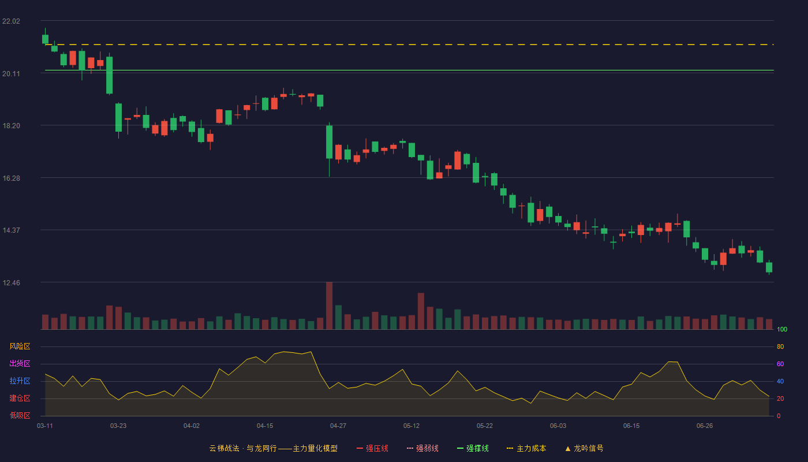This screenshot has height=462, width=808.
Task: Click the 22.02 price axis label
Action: click(11, 21)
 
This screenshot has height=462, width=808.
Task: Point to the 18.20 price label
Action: click(11, 126)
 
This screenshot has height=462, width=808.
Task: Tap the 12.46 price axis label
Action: click(11, 282)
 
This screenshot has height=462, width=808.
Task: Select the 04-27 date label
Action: click(338, 426)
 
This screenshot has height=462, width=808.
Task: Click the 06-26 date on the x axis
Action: click(705, 426)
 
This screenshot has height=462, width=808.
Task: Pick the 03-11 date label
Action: click(45, 426)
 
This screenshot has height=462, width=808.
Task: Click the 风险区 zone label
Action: click(20, 346)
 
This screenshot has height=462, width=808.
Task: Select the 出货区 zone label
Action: click(20, 363)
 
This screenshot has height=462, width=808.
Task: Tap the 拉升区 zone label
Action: click(20, 381)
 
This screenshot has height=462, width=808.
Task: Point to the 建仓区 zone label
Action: click(20, 398)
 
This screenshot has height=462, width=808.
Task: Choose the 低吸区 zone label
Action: click(20, 415)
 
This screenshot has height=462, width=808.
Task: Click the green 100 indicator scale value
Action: click(782, 329)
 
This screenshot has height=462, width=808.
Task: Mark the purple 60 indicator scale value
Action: click(780, 364)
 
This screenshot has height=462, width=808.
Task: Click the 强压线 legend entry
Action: click(372, 448)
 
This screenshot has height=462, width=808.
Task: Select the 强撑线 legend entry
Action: click(473, 448)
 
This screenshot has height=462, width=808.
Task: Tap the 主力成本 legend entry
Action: click(526, 448)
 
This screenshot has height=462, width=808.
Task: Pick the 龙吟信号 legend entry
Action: click(584, 448)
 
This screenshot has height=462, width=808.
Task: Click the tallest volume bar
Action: click(330, 305)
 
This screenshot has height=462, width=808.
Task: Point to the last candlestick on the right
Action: click(769, 267)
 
